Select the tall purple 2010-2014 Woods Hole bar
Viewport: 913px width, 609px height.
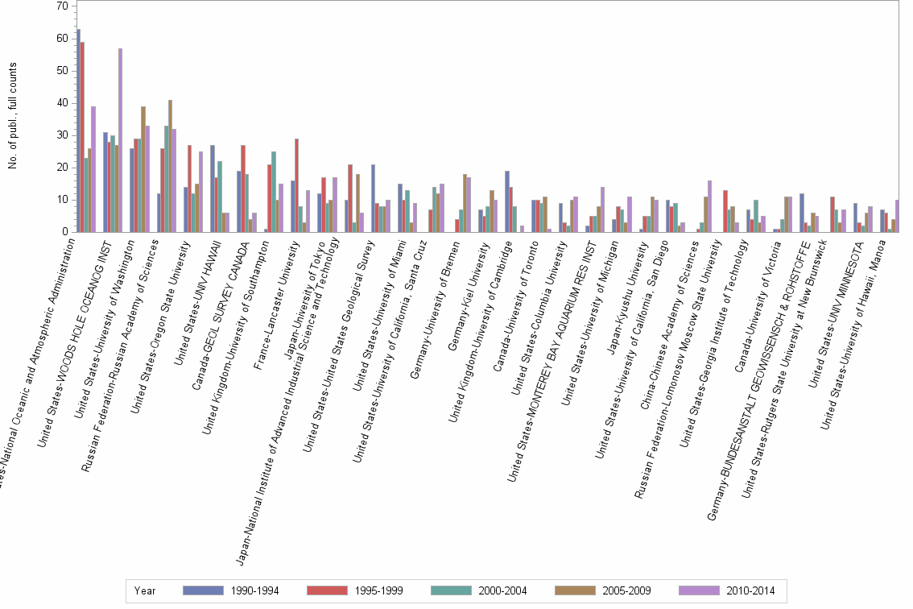click(121, 140)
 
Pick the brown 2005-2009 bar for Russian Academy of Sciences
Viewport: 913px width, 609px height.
click(171, 166)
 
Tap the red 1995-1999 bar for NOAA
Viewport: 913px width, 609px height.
click(83, 137)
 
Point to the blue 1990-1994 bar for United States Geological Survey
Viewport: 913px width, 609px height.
click(373, 198)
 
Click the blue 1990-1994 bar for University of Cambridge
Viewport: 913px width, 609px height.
click(506, 201)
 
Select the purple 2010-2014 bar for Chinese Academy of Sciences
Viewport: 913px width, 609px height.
click(709, 206)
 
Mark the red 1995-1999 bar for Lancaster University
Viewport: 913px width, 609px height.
click(297, 185)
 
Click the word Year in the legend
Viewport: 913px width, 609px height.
click(145, 590)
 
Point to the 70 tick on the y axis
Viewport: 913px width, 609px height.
click(62, 6)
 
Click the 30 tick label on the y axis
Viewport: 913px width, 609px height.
click(62, 135)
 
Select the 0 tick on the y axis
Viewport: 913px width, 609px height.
click(64, 232)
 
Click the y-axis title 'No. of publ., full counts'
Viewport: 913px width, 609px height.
click(13, 116)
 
